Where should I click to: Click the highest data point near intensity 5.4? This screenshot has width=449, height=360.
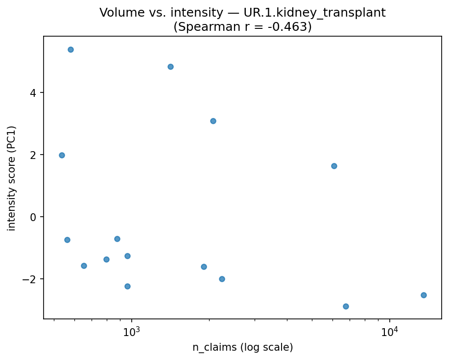click(x=71, y=49)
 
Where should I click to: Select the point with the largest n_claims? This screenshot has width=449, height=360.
click(x=424, y=295)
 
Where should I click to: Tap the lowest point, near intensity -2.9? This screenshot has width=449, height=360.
click(x=346, y=306)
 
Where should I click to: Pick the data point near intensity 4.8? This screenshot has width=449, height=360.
click(x=170, y=67)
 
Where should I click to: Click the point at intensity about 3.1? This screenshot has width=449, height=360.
click(x=213, y=121)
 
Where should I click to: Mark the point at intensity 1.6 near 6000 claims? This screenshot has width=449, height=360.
click(x=334, y=166)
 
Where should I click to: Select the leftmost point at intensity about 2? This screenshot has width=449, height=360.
click(x=62, y=155)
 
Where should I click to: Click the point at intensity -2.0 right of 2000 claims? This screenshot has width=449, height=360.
click(x=222, y=279)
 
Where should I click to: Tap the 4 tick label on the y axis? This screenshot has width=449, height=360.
click(x=34, y=93)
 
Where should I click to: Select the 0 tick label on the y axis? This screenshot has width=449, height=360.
click(x=34, y=217)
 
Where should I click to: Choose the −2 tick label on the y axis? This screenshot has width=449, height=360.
click(x=31, y=279)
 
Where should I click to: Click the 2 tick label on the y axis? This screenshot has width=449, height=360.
click(x=34, y=155)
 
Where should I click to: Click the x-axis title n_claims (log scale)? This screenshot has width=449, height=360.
click(x=242, y=348)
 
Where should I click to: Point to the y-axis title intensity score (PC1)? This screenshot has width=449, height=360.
click(x=12, y=178)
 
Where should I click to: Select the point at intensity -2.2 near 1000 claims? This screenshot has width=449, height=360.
click(x=127, y=286)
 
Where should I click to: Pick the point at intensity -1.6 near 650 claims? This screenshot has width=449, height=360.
click(x=84, y=266)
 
